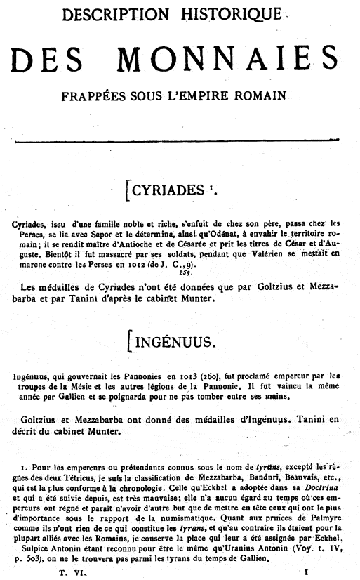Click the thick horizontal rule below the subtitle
point(181,142)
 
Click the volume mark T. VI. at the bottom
point(71,572)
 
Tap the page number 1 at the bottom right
point(307,572)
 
